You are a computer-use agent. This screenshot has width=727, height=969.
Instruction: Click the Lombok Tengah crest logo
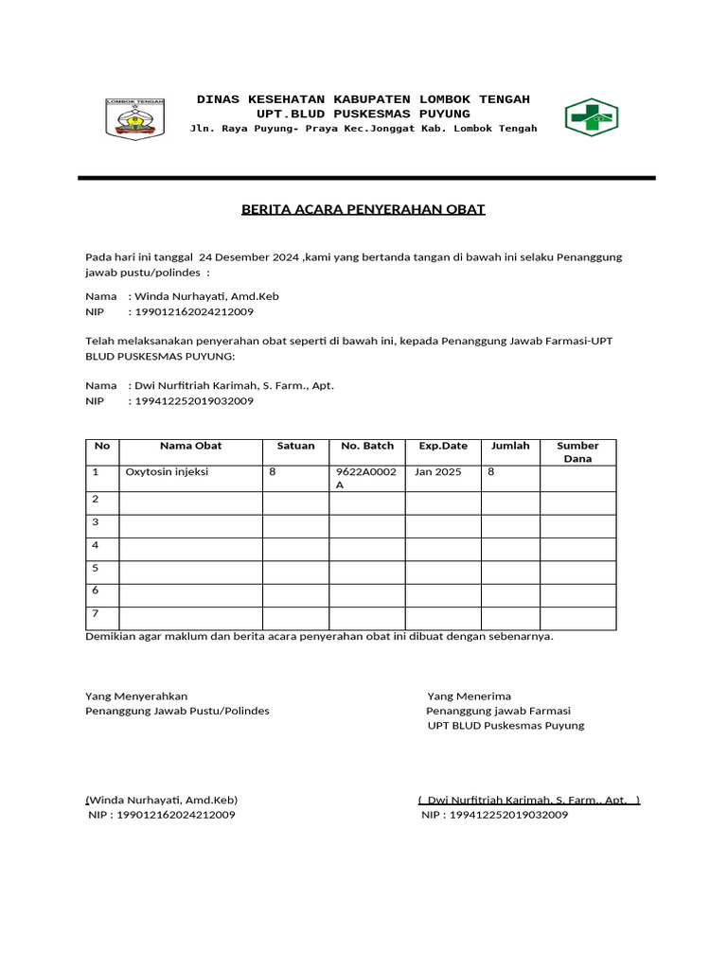(x=134, y=118)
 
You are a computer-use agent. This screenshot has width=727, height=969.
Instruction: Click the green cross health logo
(x=591, y=117)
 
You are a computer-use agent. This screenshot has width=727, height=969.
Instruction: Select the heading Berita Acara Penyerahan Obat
(x=363, y=209)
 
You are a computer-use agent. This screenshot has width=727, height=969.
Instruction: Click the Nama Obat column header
(x=190, y=446)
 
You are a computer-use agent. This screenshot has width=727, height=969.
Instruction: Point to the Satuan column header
(x=295, y=446)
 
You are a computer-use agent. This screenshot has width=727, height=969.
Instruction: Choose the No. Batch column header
(x=366, y=446)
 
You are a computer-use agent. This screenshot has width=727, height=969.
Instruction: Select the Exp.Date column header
(x=443, y=446)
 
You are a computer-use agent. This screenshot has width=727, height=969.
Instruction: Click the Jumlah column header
(x=510, y=446)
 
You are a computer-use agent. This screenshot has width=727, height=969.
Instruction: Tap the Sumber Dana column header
(x=577, y=452)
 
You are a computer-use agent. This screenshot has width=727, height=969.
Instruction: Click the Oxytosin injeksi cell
(x=167, y=471)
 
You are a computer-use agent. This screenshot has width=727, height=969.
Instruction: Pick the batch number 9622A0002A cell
(x=366, y=478)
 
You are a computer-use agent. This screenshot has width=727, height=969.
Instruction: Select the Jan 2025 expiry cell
(x=437, y=471)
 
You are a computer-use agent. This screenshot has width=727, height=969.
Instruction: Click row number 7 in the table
(x=96, y=613)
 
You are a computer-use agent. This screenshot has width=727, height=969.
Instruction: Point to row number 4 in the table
(x=96, y=545)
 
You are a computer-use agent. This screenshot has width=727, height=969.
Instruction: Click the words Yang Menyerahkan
(x=136, y=696)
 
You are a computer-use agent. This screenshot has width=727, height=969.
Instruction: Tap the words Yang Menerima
(x=469, y=696)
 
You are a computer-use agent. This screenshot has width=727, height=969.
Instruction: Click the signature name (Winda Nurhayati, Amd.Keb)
(x=162, y=800)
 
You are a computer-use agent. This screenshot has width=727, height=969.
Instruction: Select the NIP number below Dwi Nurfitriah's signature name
(x=494, y=815)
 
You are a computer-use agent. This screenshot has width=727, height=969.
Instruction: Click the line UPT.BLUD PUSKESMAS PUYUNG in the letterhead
(x=363, y=114)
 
